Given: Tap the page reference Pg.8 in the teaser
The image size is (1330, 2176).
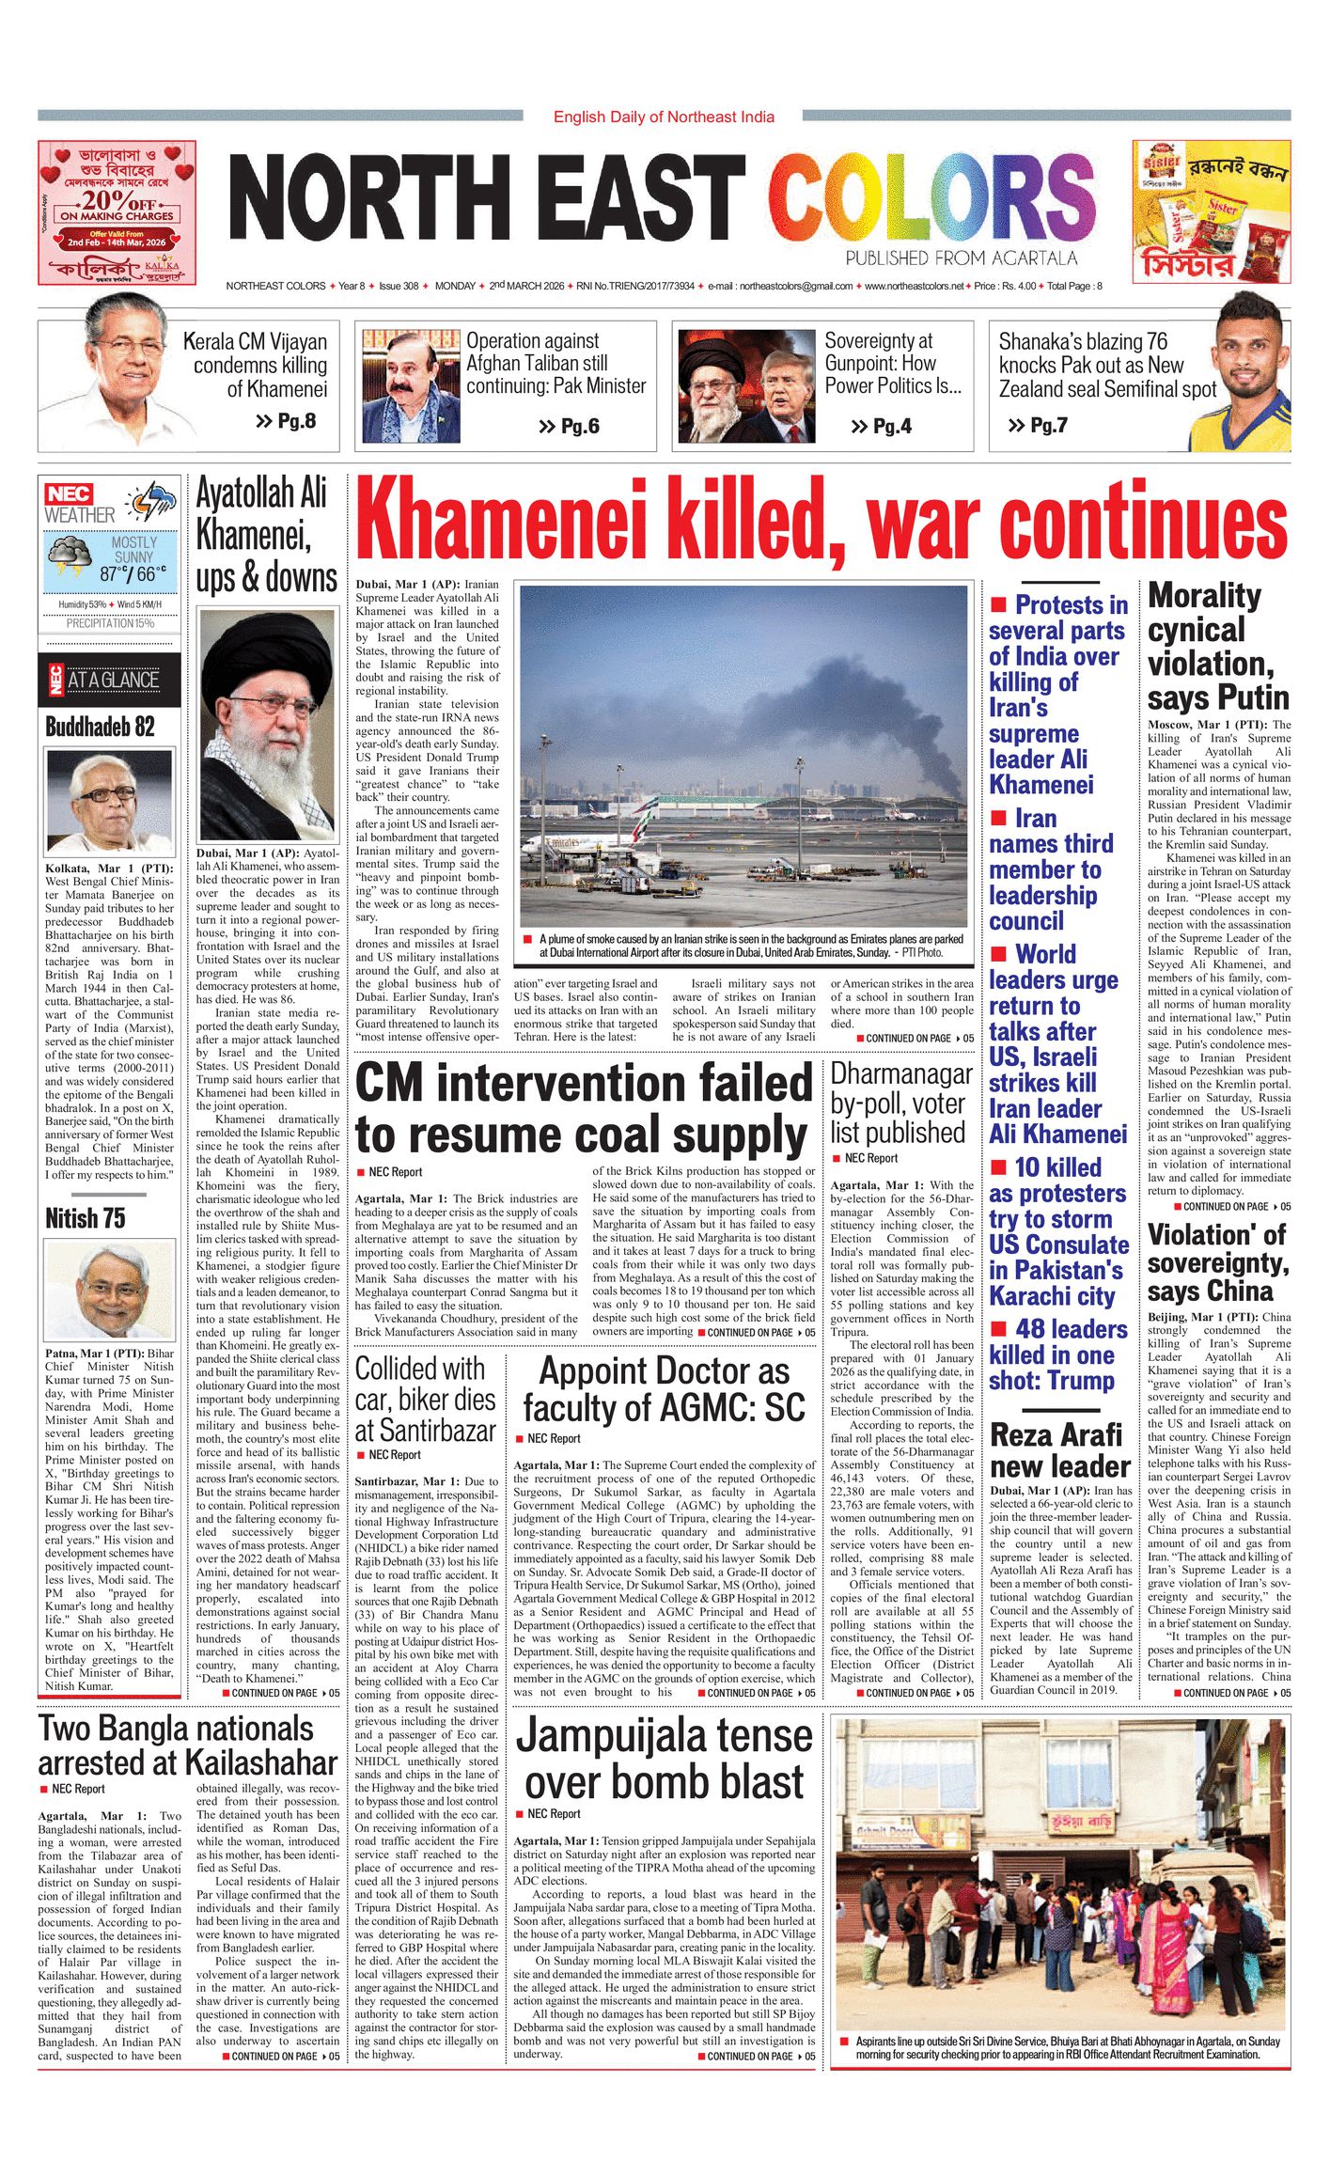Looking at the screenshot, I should coord(296,421).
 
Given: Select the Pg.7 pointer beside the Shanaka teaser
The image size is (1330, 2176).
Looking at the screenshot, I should coord(1048,426).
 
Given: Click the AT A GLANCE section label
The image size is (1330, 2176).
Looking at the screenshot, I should coord(113,681).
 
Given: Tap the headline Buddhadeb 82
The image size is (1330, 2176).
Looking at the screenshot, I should coord(100,727).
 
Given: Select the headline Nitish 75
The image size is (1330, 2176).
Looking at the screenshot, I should coord(85,1218).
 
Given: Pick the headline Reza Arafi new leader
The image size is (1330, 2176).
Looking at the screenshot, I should coord(1059,1450).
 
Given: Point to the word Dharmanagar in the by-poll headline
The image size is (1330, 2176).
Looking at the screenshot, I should coord(901,1073).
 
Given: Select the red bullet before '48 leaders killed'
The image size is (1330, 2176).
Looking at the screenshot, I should coord(999,1329).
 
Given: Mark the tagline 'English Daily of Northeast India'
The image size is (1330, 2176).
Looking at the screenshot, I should coord(664,117).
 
